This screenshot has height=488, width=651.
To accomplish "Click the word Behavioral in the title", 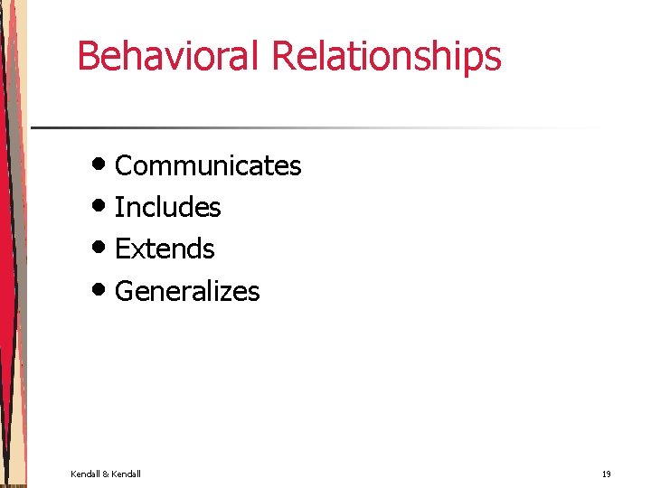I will point(170,56).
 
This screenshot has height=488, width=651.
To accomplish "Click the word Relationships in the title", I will point(386,56).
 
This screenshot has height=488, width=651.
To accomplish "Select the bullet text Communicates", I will point(208,166).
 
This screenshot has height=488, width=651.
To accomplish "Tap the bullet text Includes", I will point(168,208).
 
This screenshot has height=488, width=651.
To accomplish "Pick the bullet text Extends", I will point(165,249).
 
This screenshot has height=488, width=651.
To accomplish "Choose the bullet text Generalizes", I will point(187,291).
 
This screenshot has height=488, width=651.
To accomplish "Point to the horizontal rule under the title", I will point(316,127).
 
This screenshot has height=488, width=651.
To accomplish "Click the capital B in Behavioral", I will point(88,56).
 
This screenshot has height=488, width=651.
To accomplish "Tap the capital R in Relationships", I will point(283,56).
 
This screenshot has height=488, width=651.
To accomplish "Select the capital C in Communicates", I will point(125,166).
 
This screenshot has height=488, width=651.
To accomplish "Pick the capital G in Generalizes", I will point(125,291).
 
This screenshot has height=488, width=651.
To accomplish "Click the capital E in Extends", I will point(123,249).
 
